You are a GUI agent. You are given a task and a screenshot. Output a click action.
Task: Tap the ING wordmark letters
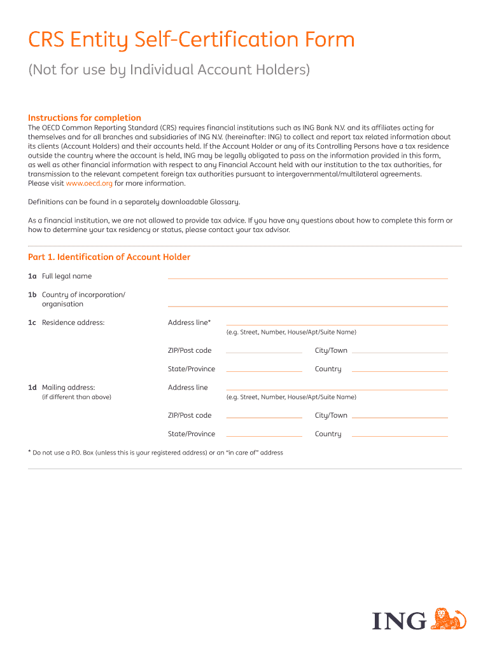[x=399, y=620]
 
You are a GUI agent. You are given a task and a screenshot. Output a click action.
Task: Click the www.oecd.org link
[x=89, y=183]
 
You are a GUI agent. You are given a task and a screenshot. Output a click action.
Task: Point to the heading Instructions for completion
[x=85, y=118]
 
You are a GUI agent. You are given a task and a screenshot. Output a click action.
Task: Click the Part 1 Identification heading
[x=109, y=257]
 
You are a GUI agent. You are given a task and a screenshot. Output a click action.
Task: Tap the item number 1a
[x=32, y=276]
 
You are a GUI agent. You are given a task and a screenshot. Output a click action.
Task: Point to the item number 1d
[x=32, y=387]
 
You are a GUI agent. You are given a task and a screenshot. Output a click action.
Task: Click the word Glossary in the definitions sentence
[x=225, y=202]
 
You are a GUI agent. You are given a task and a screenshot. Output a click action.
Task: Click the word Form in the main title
[x=329, y=40]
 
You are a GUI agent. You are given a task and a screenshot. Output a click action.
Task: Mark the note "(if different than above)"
[x=76, y=397]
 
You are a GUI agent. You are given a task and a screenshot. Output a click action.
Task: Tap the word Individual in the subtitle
[x=164, y=69]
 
